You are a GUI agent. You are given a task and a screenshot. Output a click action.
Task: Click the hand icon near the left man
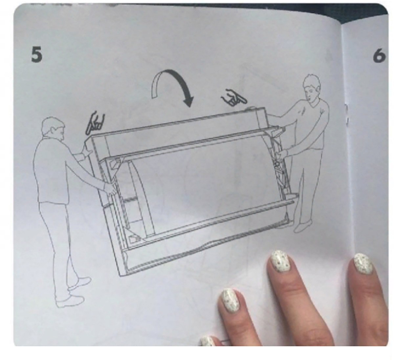95,123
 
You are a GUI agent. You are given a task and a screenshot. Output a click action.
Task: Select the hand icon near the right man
234,98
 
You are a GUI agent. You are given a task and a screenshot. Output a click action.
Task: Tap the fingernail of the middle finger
280,262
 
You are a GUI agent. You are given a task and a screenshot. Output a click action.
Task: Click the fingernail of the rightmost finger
363,264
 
